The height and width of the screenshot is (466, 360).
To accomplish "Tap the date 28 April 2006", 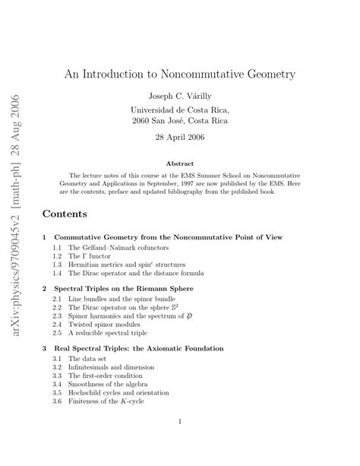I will click(180, 138).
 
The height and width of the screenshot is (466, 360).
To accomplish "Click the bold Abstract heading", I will click(180, 163).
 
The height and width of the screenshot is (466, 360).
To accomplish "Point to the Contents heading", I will click(65, 214).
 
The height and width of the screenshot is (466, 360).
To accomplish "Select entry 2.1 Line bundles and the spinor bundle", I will click(122, 301).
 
